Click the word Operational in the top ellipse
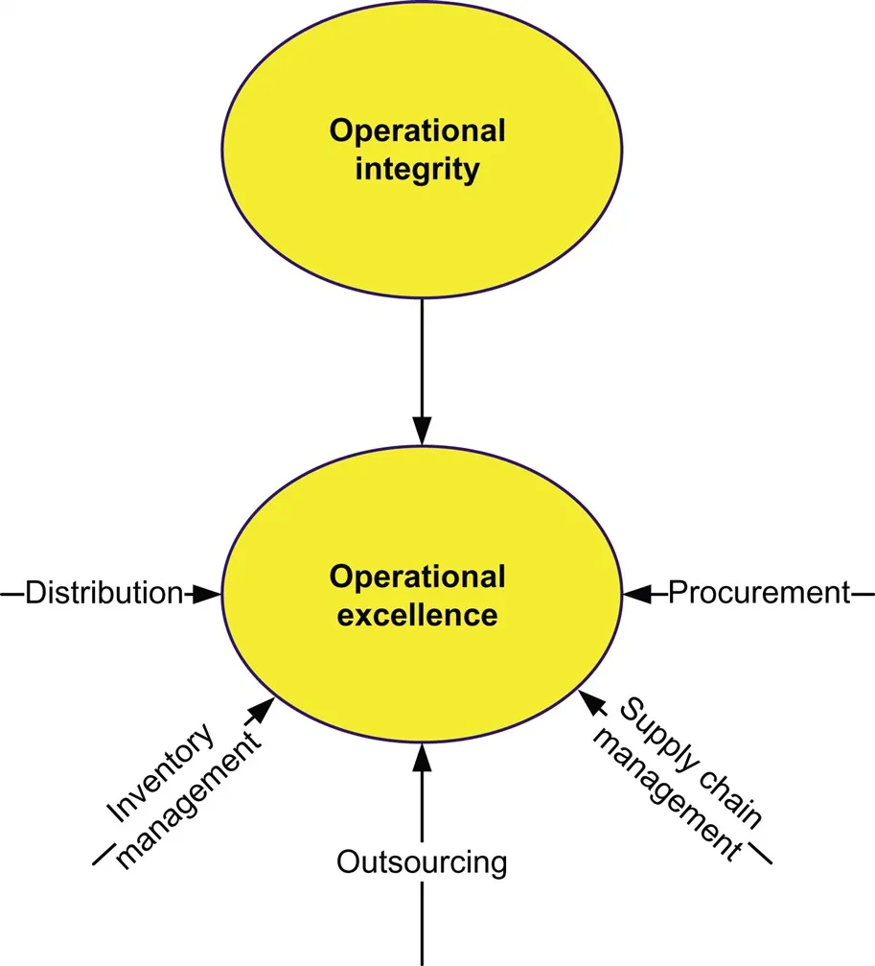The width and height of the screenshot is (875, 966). (417, 130)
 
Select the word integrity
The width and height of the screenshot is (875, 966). (417, 171)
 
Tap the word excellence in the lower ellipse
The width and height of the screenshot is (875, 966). (417, 615)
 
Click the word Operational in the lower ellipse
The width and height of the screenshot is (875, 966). (417, 577)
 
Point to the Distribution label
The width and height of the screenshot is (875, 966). (104, 593)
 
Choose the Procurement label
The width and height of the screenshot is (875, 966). (758, 593)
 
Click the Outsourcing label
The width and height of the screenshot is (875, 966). (422, 862)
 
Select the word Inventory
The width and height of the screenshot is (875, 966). (159, 776)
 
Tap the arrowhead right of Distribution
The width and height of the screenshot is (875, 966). (203, 594)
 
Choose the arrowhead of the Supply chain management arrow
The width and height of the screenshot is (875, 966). (592, 704)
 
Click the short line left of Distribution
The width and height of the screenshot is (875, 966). (12, 594)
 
